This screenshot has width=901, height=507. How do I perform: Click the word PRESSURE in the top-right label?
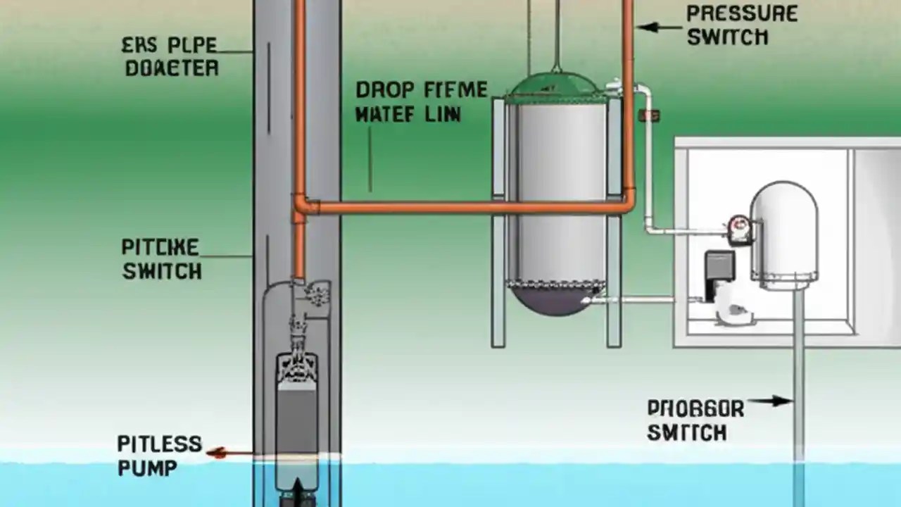coord(741,13)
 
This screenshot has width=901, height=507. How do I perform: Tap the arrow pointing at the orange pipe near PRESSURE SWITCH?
coord(659,27)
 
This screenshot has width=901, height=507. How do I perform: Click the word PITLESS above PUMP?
coord(159,444)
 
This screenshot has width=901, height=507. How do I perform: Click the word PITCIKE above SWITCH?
coord(160,248)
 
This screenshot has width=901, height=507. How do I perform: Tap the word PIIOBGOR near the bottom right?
coord(695,409)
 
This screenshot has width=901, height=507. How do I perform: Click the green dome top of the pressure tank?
coord(556,87)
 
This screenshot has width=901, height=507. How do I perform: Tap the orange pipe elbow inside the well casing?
coord(301,207)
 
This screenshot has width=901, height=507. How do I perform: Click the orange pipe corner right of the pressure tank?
coord(627,204)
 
